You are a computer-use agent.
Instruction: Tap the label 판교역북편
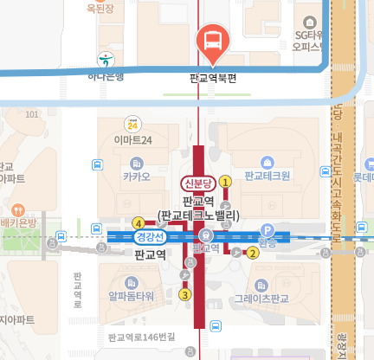[x=213, y=78]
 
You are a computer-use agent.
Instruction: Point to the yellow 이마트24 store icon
[x=132, y=124]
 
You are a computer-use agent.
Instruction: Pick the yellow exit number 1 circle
[x=226, y=182]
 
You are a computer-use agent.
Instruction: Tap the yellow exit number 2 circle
[x=253, y=253]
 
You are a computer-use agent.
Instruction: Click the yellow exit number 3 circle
[x=184, y=294]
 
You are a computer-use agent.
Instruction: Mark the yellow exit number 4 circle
[x=139, y=222]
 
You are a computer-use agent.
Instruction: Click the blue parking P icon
[x=268, y=231]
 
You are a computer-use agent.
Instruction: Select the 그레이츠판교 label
[x=267, y=299]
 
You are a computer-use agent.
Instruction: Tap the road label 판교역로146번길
[x=142, y=337]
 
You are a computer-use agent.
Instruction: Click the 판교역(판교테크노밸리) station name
[x=198, y=208]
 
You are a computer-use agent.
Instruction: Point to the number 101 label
[x=34, y=114]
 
